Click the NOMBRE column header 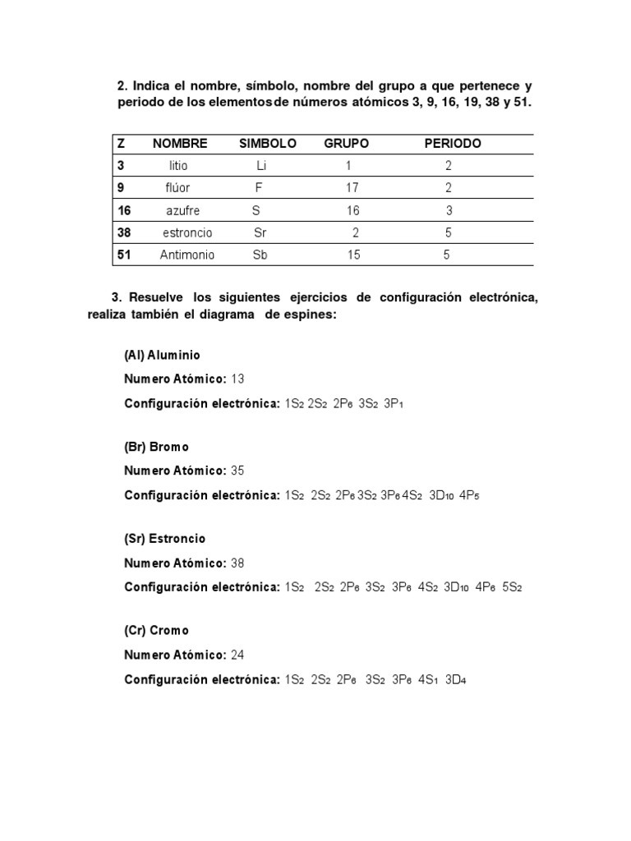coord(180,143)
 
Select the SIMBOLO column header coord(268,143)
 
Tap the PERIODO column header coord(453,143)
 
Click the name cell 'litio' coord(177,165)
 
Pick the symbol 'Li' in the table coord(262,165)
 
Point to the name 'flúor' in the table coord(177,187)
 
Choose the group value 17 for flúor coord(352,187)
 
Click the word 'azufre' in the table coord(182,210)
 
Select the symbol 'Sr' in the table coord(261,232)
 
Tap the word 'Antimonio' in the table coord(187,255)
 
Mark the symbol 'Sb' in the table coord(260,255)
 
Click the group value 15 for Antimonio coord(353,255)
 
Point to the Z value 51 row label coord(124,255)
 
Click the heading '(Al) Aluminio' coord(162,356)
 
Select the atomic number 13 coord(237,379)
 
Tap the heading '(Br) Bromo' coord(156,447)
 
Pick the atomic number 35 coord(237,471)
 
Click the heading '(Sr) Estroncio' coord(164,539)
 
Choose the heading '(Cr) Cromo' coord(156,631)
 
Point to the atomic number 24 coord(237,655)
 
